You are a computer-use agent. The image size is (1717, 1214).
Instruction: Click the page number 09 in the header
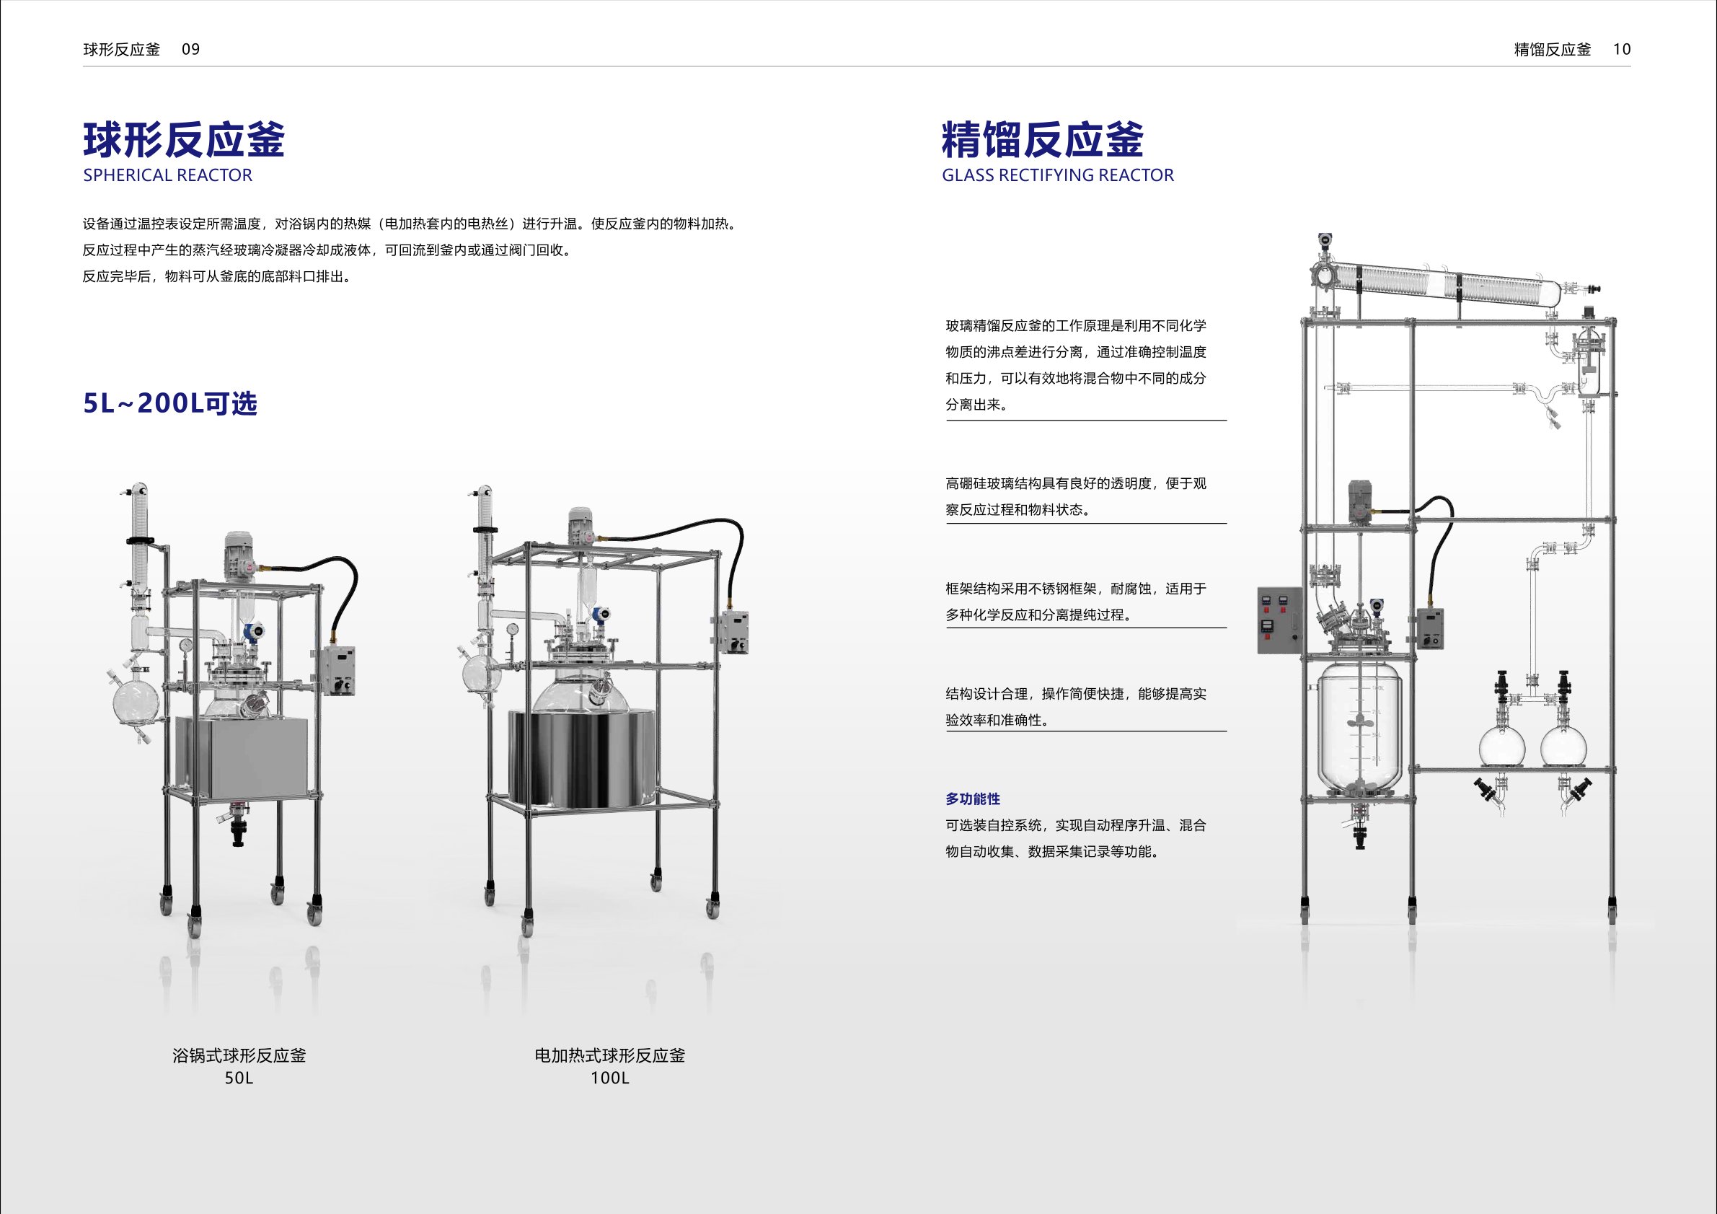[x=190, y=49]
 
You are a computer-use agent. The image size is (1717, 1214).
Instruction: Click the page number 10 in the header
[x=1621, y=49]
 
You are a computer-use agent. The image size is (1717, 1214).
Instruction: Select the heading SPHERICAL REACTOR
[x=167, y=175]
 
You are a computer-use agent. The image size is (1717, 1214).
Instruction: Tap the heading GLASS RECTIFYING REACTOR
[x=1057, y=175]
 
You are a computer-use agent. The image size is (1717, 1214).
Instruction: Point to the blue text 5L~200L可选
[x=169, y=404]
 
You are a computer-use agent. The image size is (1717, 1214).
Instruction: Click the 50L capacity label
[x=239, y=1078]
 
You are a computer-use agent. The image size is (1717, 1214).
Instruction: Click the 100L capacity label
[x=609, y=1078]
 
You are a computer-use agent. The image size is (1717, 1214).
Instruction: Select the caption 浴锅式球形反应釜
[x=239, y=1055]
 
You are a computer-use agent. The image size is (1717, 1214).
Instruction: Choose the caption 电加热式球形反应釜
[x=609, y=1055]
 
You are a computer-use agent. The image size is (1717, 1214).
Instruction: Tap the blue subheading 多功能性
[x=972, y=799]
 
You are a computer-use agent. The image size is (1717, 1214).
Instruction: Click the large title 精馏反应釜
[x=1042, y=140]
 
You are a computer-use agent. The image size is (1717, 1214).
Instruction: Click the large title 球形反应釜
[x=184, y=140]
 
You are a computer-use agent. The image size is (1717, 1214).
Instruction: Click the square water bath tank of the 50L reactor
[x=241, y=757]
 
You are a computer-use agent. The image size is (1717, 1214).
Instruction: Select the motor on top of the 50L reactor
[x=240, y=553]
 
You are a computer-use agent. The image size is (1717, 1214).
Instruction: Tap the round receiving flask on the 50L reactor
[x=136, y=704]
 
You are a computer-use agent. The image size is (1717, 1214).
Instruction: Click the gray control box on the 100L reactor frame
[x=731, y=632]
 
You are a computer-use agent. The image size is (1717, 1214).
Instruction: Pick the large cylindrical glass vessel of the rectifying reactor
[x=1359, y=729]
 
